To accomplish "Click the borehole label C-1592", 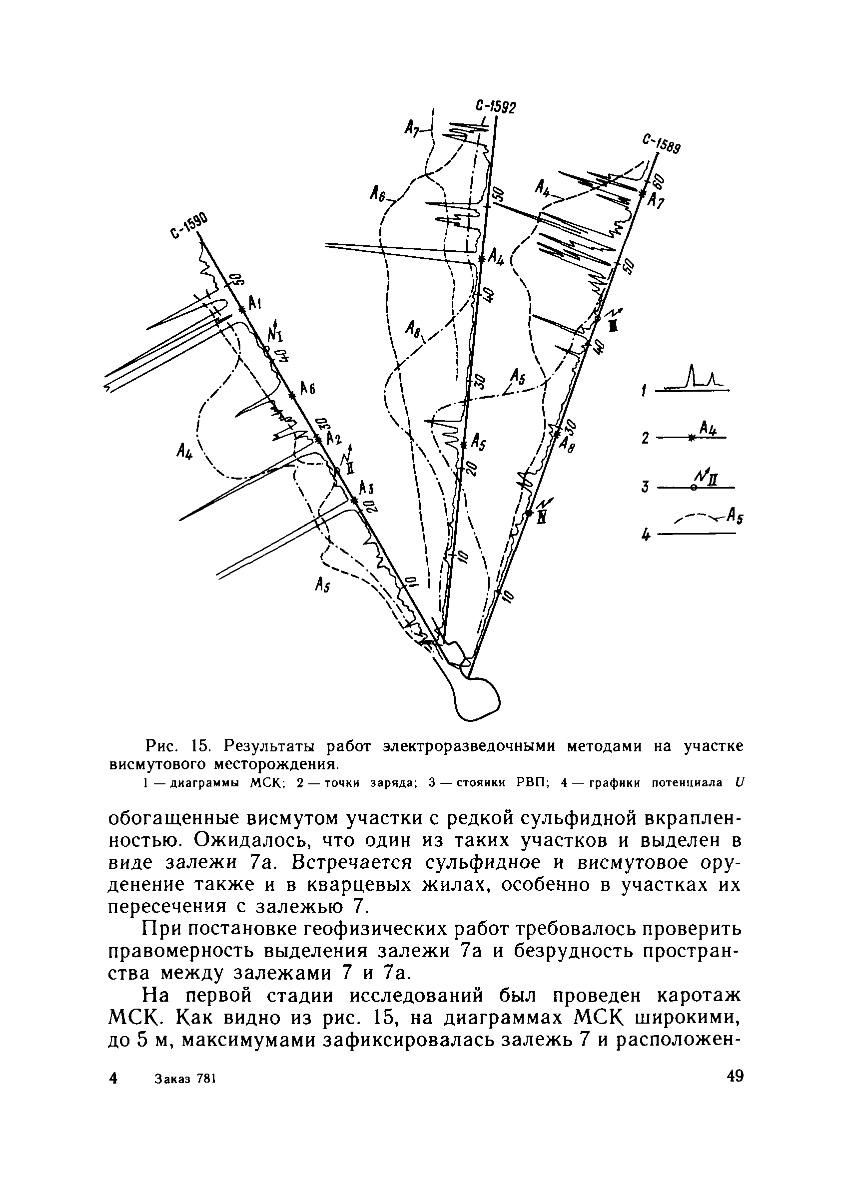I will (x=495, y=107).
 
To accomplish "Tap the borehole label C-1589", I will (x=661, y=145).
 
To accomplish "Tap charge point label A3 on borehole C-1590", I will (x=367, y=488).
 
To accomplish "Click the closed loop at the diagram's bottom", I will (x=475, y=698).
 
